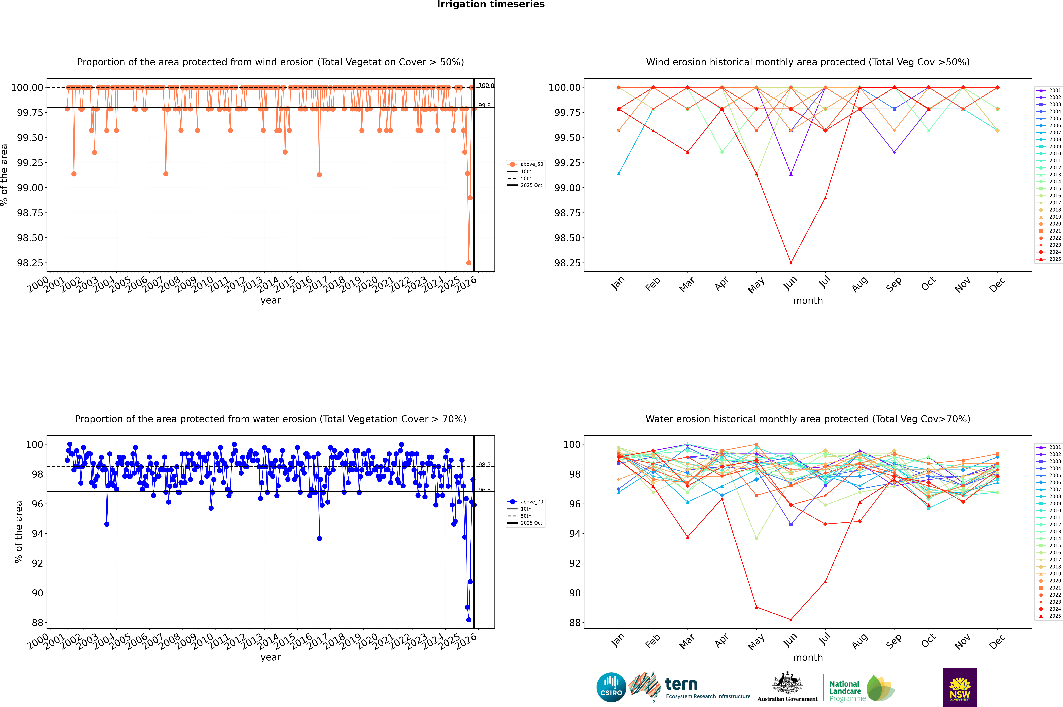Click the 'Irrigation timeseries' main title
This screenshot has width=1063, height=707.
(x=491, y=4)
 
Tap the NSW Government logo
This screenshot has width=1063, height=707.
(x=960, y=687)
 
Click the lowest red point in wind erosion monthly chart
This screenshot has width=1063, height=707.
(x=791, y=263)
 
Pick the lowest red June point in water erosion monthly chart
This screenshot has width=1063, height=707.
(x=791, y=619)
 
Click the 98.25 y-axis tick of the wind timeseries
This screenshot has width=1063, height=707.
(x=30, y=263)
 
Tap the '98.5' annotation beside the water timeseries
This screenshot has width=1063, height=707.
(x=484, y=465)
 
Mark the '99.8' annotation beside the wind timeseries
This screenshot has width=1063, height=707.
(x=484, y=106)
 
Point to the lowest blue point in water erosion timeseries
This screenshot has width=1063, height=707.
(x=469, y=620)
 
